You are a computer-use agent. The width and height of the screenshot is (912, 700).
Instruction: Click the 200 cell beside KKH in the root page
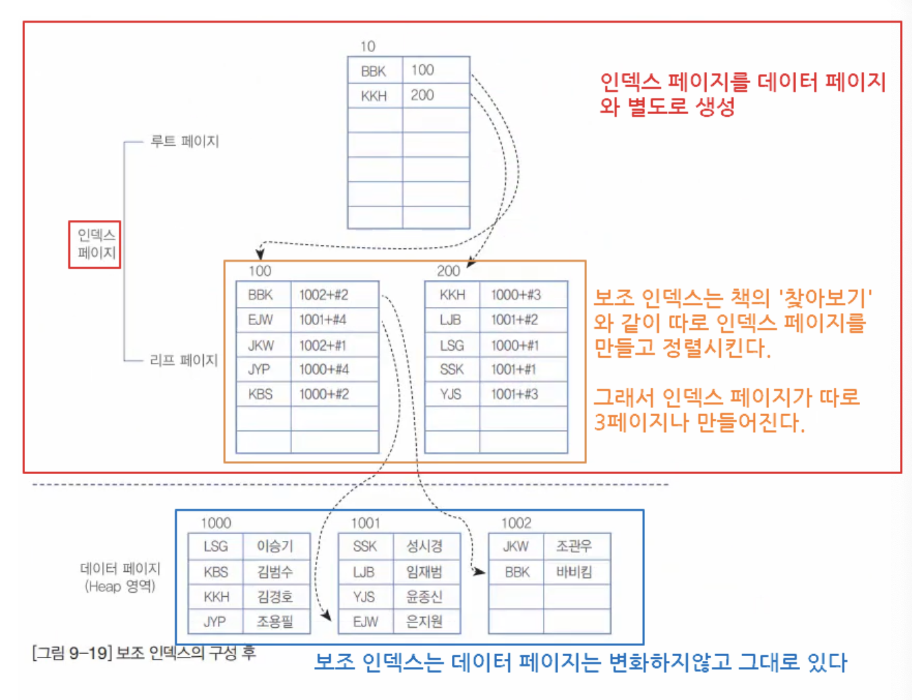423,96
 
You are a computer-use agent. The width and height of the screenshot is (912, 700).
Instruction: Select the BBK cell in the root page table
373,71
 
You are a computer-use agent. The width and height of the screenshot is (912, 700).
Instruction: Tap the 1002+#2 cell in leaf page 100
324,295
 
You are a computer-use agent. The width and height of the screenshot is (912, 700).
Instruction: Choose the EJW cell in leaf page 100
260,320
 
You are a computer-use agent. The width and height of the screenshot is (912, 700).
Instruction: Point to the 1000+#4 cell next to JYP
324,370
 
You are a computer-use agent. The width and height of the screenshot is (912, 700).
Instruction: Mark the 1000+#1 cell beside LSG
515,345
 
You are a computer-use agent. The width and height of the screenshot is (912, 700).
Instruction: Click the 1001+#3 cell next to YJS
515,395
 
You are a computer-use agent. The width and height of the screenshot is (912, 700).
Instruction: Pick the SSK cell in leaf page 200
451,370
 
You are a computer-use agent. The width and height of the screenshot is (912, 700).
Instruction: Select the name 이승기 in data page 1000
275,546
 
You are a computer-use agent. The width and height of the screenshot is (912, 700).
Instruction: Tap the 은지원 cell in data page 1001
424,621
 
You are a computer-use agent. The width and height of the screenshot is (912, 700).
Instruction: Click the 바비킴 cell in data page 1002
574,572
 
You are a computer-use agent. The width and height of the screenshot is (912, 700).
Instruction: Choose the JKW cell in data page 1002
515,546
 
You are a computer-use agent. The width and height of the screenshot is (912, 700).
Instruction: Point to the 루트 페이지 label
184,142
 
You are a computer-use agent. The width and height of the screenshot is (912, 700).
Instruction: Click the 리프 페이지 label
184,360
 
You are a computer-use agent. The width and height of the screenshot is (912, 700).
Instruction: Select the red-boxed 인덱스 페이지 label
95,244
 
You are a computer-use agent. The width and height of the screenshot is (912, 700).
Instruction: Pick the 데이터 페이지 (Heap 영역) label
120,577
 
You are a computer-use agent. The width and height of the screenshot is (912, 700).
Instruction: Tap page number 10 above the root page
368,47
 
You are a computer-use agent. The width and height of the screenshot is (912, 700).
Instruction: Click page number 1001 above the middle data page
366,523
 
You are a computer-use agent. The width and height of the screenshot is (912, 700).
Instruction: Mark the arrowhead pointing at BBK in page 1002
480,572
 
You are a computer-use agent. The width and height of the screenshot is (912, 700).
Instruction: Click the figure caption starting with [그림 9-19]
144,653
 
